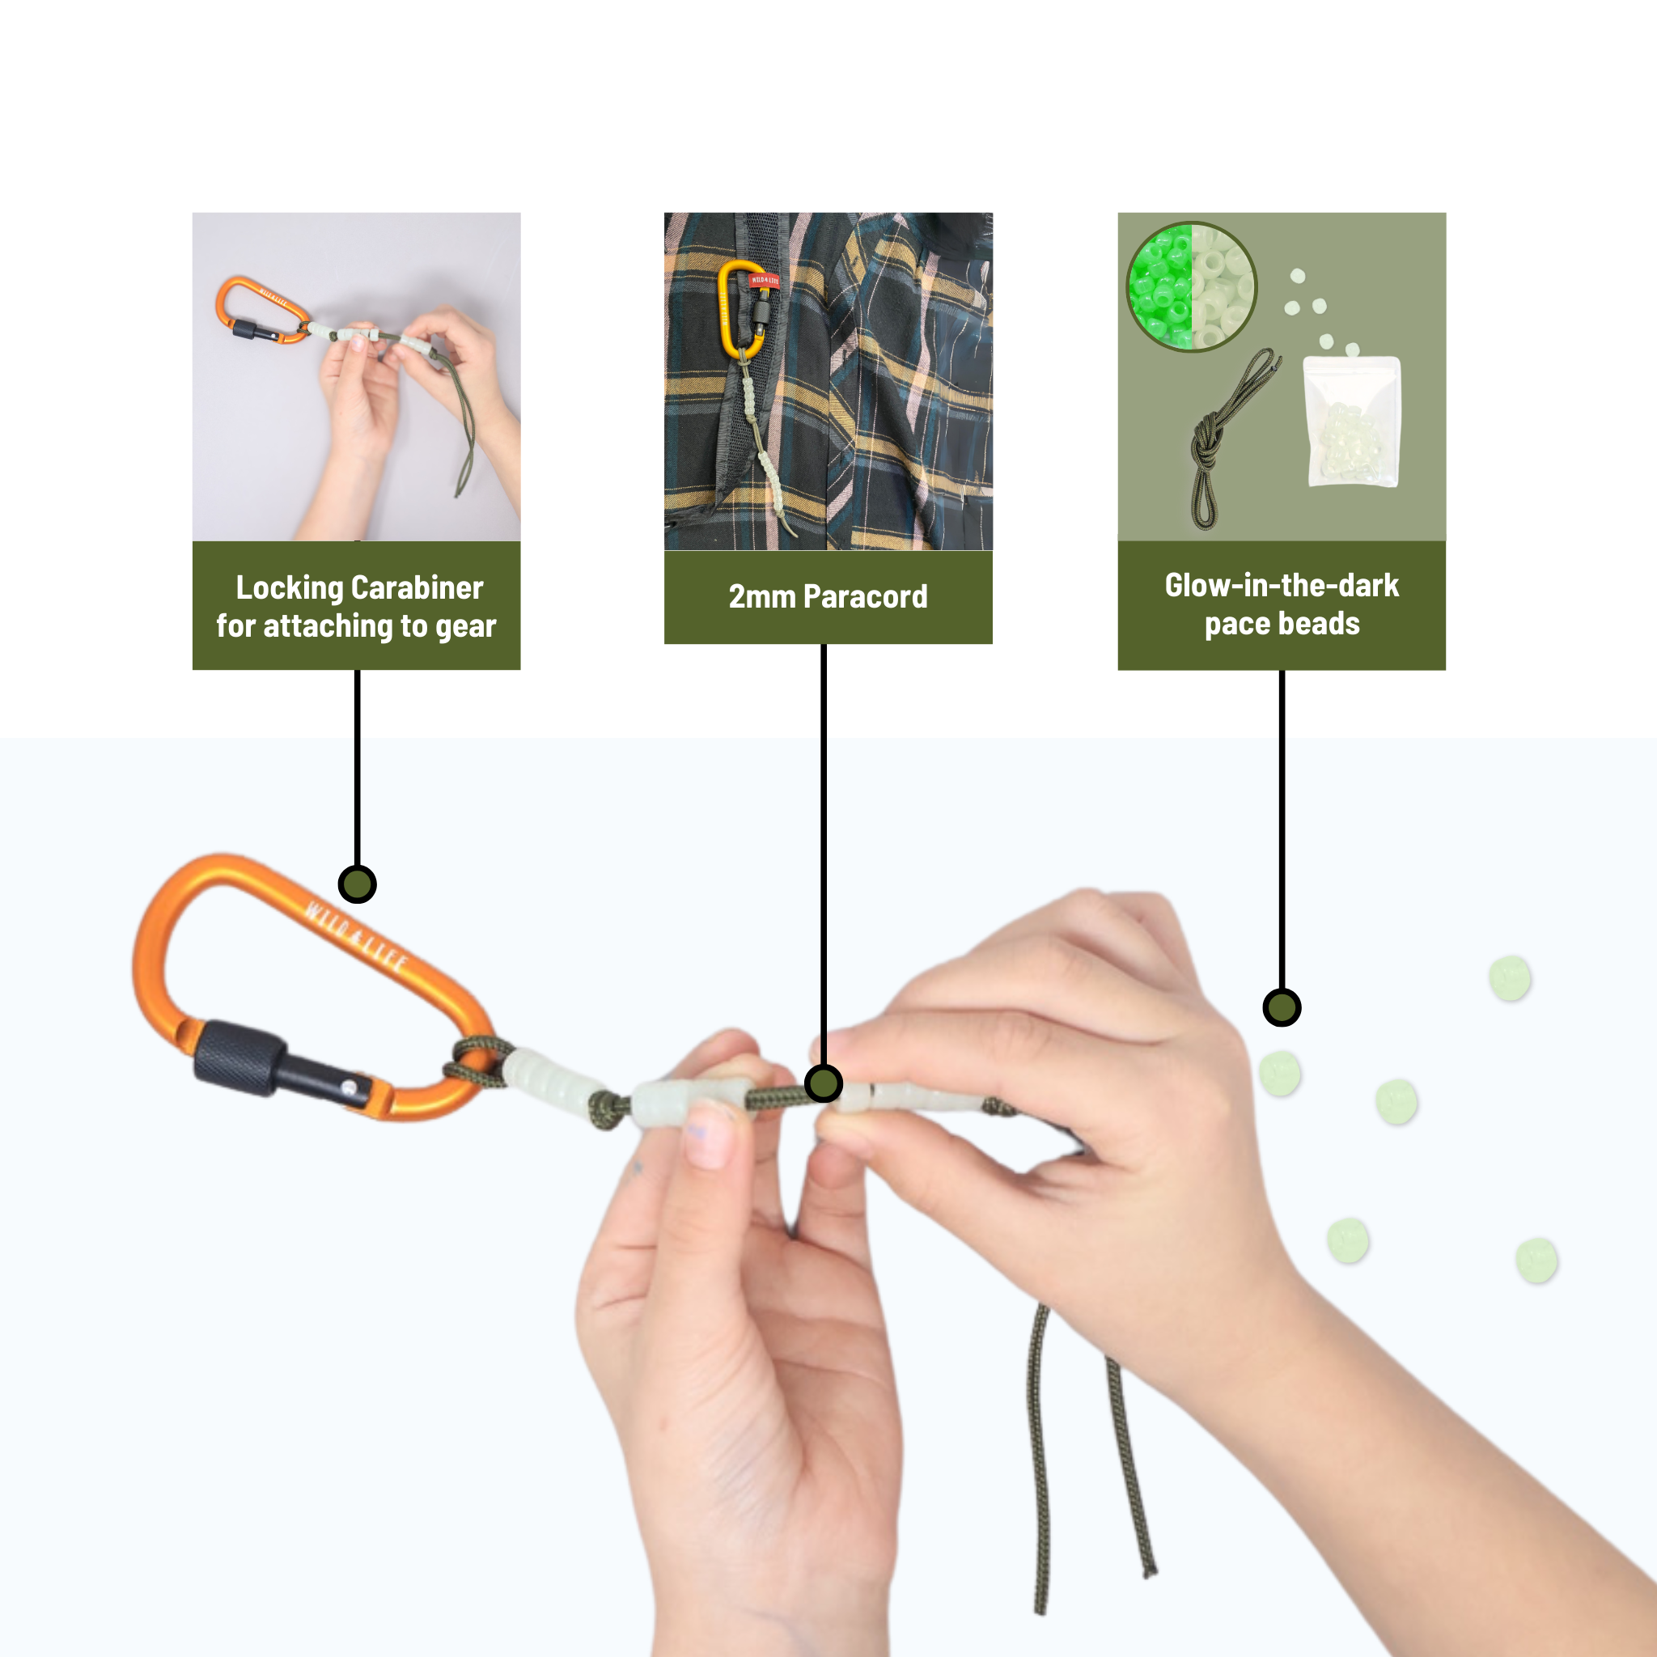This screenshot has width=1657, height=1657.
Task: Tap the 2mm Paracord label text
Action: click(x=828, y=597)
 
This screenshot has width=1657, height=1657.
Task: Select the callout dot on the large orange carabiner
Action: click(x=357, y=884)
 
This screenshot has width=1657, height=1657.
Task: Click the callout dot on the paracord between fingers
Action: click(x=824, y=1083)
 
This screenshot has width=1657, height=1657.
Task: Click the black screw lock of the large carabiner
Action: click(x=239, y=1057)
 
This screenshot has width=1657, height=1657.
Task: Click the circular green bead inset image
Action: click(x=1191, y=286)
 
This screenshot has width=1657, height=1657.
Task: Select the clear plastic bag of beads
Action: click(x=1352, y=422)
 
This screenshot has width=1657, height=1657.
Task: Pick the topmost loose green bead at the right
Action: click(x=1510, y=977)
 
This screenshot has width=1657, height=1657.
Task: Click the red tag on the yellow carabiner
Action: click(x=764, y=281)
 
